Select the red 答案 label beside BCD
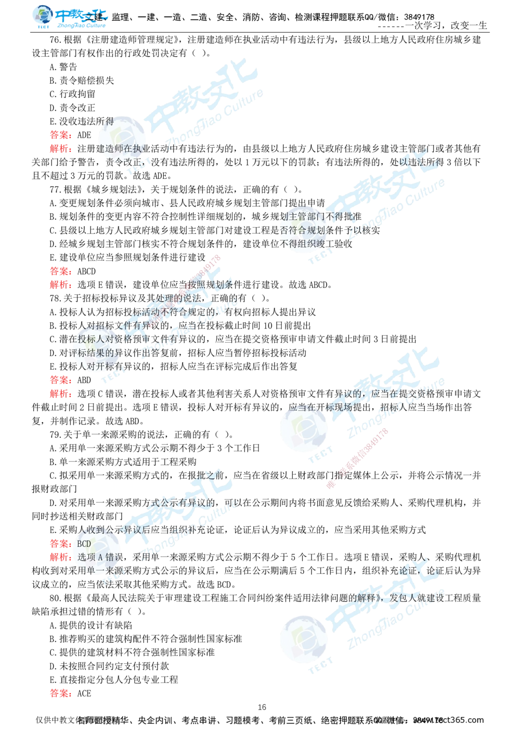pos(60,544)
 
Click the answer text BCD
pos(84,544)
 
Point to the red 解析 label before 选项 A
pos(60,557)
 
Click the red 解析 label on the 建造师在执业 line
pos(60,149)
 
